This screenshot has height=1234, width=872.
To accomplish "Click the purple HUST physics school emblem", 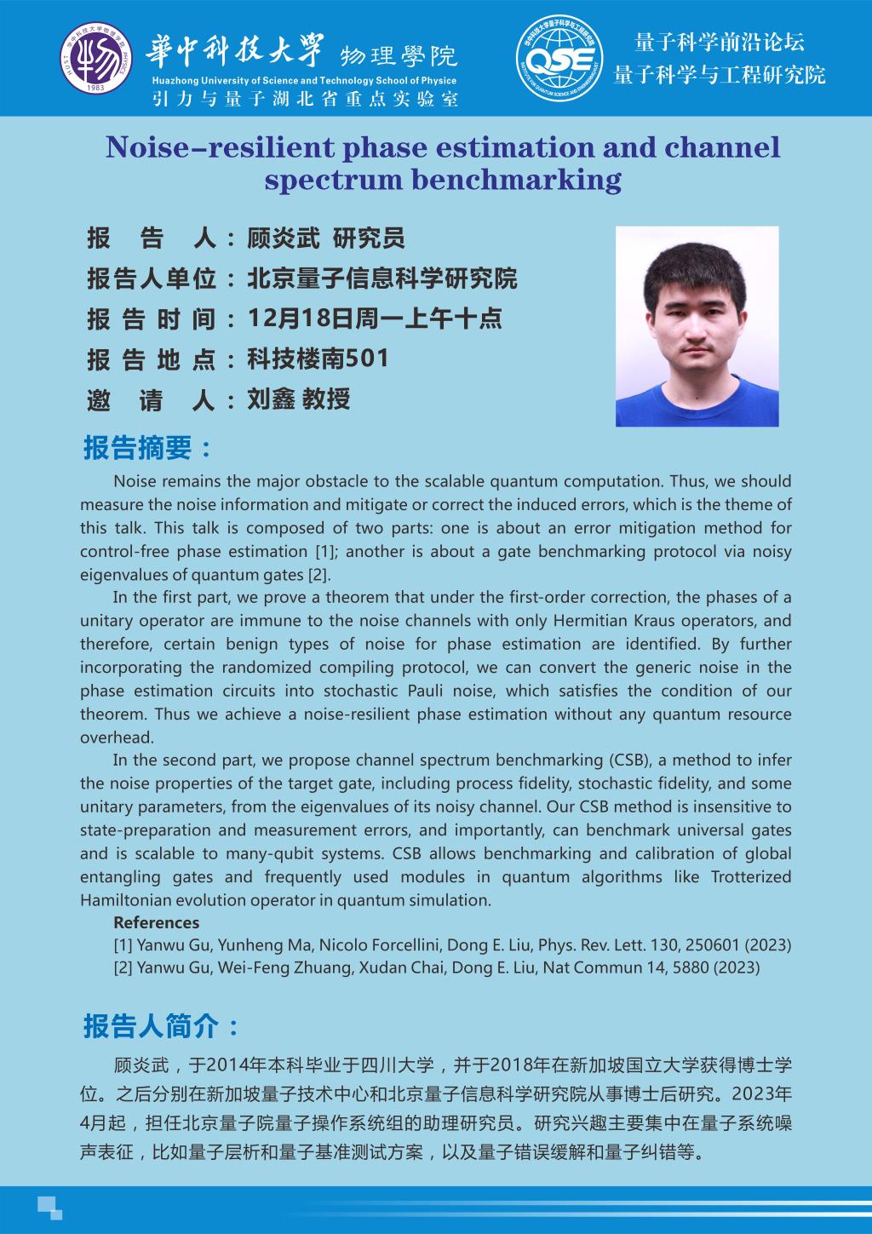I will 96,57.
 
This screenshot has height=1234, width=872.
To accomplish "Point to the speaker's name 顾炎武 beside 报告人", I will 282,238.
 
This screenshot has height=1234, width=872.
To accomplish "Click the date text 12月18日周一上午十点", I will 374,319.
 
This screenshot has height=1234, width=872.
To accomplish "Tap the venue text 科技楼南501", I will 318,359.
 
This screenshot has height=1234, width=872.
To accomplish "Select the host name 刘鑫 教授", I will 298,399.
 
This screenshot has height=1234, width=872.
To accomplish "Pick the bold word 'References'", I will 156,922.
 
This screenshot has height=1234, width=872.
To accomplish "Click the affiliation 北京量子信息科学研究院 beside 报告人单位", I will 381,278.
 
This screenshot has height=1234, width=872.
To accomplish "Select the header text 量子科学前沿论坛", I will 720,42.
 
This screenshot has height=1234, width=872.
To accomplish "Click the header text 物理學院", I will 399,56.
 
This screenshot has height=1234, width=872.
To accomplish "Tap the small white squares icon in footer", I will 49,1207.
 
